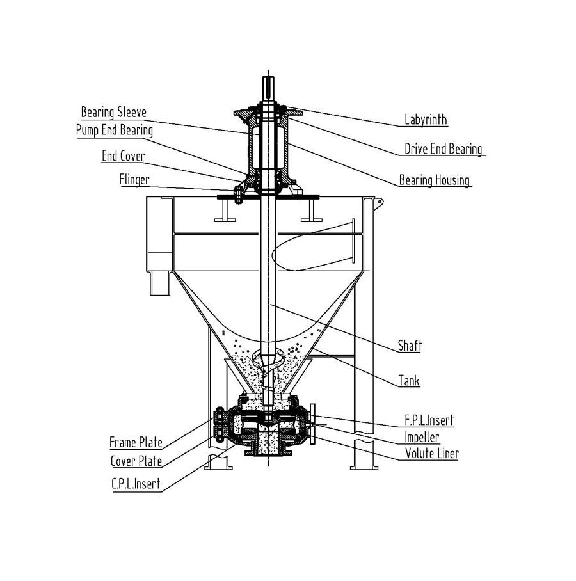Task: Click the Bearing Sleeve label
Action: [x=113, y=113]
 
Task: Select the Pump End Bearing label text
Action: [x=114, y=131]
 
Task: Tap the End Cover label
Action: [x=123, y=156]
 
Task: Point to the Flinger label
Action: [x=134, y=179]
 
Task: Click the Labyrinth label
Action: [x=426, y=120]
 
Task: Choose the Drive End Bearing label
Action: [x=443, y=150]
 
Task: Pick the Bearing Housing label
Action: [x=435, y=180]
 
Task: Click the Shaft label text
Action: [x=410, y=346]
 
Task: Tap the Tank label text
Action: [x=409, y=381]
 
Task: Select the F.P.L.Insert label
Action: [x=429, y=420]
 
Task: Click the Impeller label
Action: [x=422, y=438]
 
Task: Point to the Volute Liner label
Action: [x=431, y=454]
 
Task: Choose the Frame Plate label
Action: [x=136, y=443]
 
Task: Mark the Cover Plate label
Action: [x=136, y=461]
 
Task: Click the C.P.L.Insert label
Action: [x=135, y=484]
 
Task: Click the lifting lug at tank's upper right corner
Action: [x=379, y=203]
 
